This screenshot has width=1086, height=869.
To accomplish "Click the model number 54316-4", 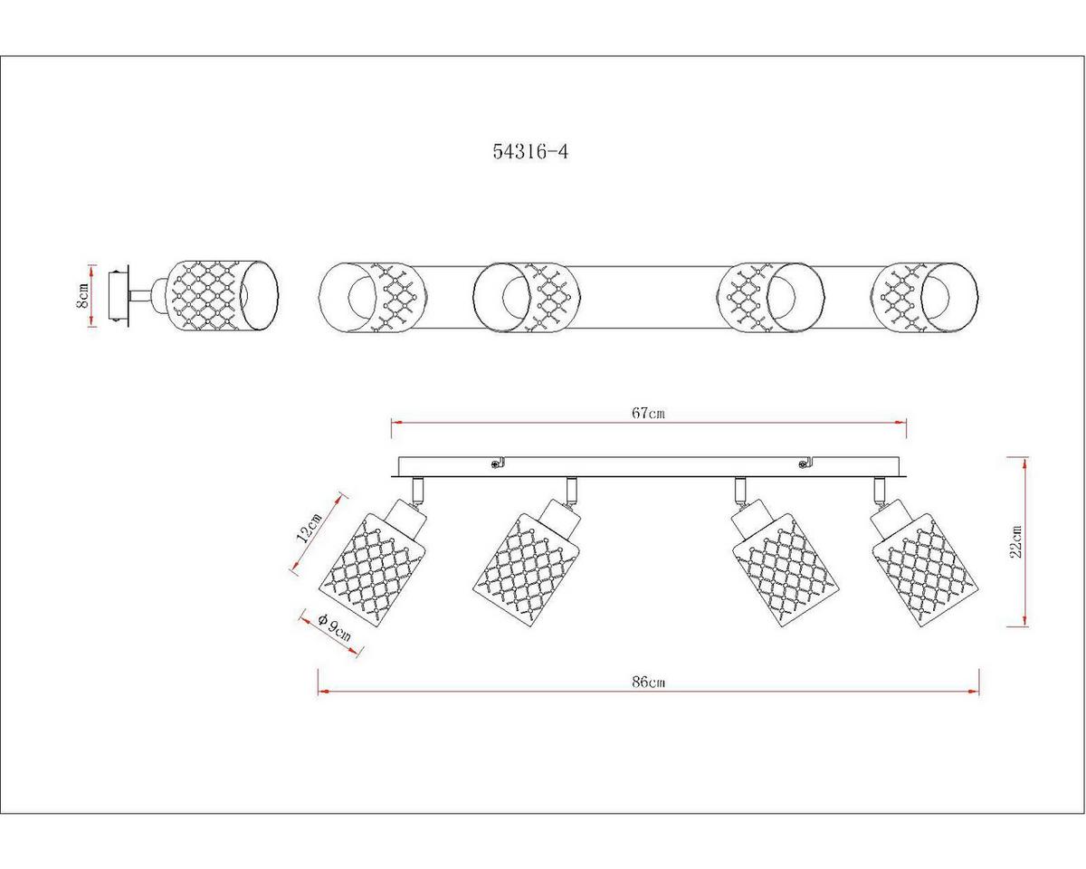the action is (x=530, y=151).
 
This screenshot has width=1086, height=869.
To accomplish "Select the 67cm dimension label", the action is (x=649, y=413).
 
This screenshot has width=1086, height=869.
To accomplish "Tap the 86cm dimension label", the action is (x=649, y=683).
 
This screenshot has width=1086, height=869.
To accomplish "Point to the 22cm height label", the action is (x=1015, y=542).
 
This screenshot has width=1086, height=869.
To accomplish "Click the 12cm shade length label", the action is (x=310, y=527).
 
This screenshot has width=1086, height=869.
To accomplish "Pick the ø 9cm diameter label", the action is (x=335, y=627).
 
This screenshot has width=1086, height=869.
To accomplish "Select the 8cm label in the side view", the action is (x=82, y=295).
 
